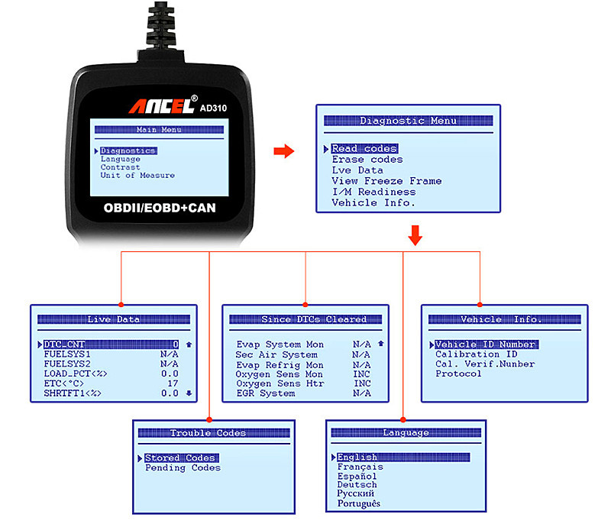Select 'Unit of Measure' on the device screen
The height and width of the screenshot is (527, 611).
137,176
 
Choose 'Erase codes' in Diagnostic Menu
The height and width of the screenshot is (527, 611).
367,160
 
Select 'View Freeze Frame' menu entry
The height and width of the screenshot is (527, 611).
386,181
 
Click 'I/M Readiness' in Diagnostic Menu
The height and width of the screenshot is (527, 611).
373,192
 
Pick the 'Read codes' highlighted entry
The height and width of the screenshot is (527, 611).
364,148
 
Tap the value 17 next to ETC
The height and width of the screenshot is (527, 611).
173,383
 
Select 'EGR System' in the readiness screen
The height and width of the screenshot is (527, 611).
265,393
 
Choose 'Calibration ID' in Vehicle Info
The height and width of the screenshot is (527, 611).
477,354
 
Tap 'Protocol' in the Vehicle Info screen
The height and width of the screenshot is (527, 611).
458,374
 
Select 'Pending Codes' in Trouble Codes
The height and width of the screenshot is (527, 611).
183,467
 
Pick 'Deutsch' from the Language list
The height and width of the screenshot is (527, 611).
357,485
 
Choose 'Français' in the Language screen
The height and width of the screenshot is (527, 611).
360,467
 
